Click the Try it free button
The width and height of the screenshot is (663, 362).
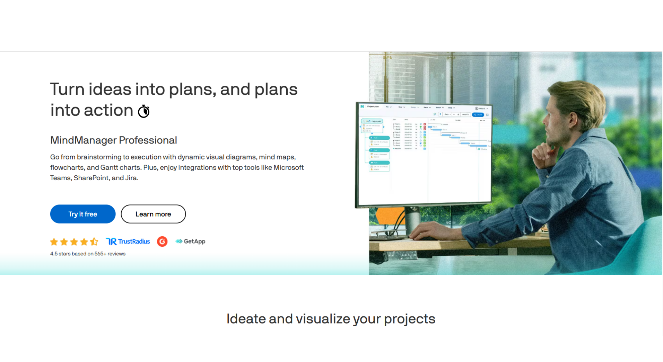[x=83, y=214]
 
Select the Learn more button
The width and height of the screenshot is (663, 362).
[x=153, y=214]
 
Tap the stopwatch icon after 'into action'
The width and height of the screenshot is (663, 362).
[x=144, y=111]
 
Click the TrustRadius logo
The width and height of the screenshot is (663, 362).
[x=128, y=241]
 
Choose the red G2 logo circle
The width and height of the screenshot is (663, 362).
[x=162, y=241]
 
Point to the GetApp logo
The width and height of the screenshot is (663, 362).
[x=190, y=241]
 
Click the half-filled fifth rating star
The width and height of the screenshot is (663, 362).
[x=94, y=241]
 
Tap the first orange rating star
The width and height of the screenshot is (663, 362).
[x=54, y=241]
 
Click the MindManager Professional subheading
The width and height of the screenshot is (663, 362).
[x=114, y=140]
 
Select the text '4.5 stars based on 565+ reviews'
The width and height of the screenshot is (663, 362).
[x=88, y=254]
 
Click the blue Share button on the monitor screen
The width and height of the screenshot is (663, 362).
[x=478, y=115]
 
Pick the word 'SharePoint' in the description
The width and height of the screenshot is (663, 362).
[x=91, y=178]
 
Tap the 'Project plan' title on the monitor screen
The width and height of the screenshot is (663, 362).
[x=373, y=107]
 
